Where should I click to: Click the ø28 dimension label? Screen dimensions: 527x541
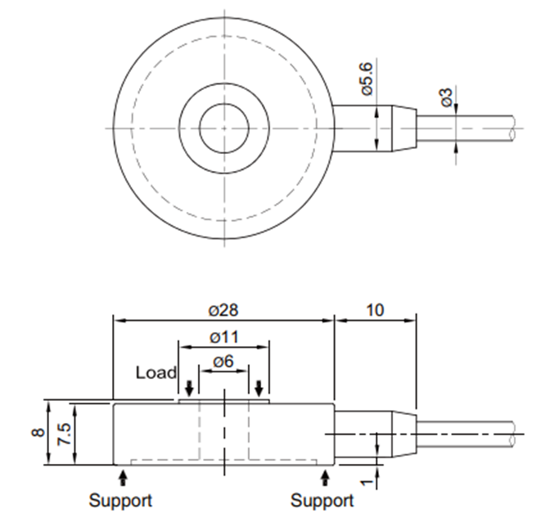[223, 311]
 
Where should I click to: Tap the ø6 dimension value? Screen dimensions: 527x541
[223, 362]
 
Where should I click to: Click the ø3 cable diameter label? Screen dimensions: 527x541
[446, 97]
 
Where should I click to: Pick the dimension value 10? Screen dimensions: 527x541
[376, 311]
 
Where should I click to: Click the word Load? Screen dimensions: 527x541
[156, 373]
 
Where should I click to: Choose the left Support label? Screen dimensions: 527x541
[120, 500]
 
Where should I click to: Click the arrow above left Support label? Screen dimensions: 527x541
[123, 476]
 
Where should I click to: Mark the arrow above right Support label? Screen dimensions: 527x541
[328, 476]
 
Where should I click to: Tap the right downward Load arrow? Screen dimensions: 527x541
[259, 386]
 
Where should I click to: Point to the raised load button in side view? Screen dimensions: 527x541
[223, 400]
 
